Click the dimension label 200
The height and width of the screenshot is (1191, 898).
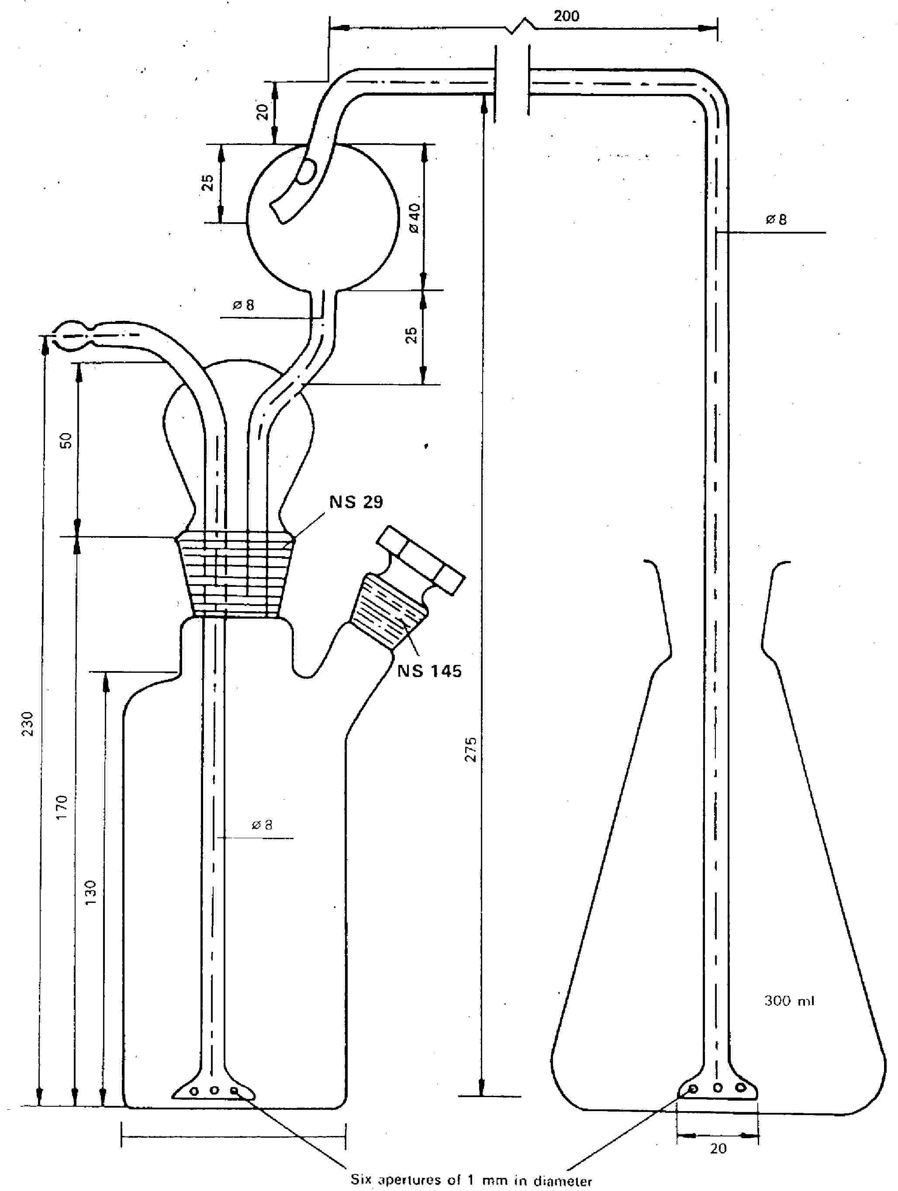coord(566,16)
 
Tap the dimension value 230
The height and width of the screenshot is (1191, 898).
coord(27,724)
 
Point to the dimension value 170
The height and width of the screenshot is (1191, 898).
coord(62,807)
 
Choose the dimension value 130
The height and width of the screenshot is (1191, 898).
coord(90,893)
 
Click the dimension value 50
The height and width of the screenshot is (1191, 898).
coord(65,441)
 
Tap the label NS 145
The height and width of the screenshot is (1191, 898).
coord(429,671)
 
